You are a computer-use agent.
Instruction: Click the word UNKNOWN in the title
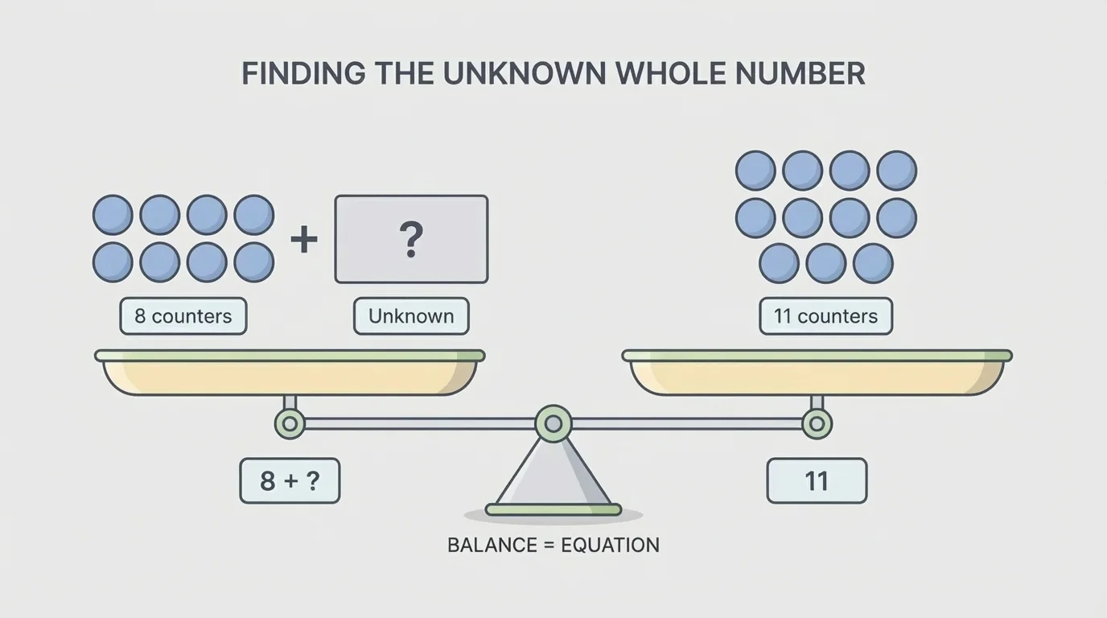525,74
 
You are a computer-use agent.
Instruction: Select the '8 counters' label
183,316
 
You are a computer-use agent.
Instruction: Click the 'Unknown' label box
411,316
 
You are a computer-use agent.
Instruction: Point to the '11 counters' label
825,316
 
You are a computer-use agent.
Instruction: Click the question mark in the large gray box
411,239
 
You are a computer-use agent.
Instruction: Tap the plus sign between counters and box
304,239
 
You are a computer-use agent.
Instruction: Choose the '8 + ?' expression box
290,481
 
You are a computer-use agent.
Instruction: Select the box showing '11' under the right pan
817,481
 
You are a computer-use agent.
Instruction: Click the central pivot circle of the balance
553,423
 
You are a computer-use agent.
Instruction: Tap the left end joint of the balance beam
290,423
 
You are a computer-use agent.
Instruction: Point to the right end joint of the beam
817,423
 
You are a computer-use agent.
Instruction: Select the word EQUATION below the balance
610,545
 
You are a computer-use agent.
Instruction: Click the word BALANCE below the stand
491,545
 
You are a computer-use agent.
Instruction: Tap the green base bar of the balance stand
553,509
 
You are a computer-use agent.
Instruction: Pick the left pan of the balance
290,375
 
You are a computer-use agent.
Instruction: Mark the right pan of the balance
817,375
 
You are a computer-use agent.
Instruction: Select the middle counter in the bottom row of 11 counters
826,264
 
